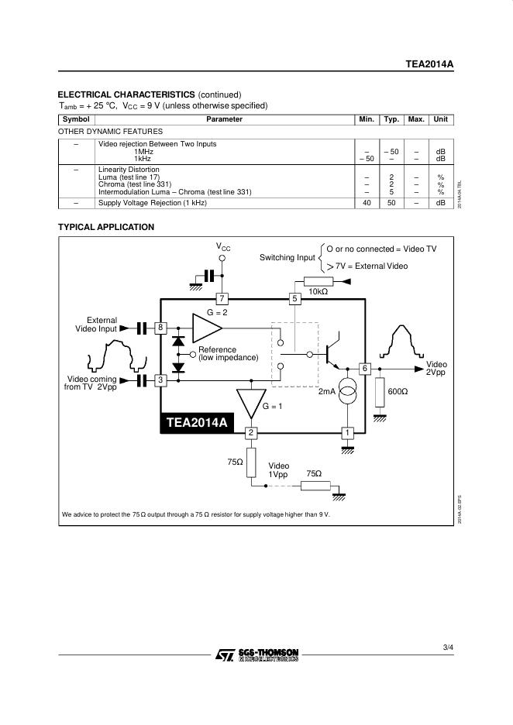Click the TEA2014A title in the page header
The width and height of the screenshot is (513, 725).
[x=429, y=65]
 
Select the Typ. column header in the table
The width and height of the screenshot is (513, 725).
[x=391, y=119]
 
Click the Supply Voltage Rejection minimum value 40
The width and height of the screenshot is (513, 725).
[x=367, y=203]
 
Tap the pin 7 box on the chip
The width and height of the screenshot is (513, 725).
[x=222, y=298]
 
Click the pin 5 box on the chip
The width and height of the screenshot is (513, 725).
[x=294, y=298]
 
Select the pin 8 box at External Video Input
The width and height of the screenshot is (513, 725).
[x=160, y=328]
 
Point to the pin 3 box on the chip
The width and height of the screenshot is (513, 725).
[x=160, y=380]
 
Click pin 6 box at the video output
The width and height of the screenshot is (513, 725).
[x=365, y=368]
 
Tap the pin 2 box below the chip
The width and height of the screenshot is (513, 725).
[x=251, y=432]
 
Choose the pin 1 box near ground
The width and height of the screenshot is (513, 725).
[x=348, y=432]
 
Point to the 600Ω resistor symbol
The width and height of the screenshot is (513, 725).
[x=380, y=393]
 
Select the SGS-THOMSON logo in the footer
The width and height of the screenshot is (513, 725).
[x=256, y=655]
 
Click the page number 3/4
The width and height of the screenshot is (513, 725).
[x=448, y=647]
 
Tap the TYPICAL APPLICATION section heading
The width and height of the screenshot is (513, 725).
[x=106, y=227]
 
